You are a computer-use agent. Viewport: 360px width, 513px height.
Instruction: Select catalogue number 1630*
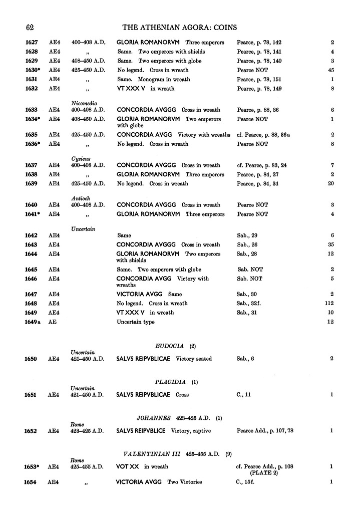[34, 70]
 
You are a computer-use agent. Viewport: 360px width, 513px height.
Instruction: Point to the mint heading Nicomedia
[84, 103]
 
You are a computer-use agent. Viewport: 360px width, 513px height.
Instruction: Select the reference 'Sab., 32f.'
[250, 303]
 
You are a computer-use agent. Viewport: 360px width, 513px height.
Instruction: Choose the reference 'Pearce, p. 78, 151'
[259, 79]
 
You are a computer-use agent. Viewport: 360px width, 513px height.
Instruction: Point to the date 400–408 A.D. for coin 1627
[88, 43]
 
